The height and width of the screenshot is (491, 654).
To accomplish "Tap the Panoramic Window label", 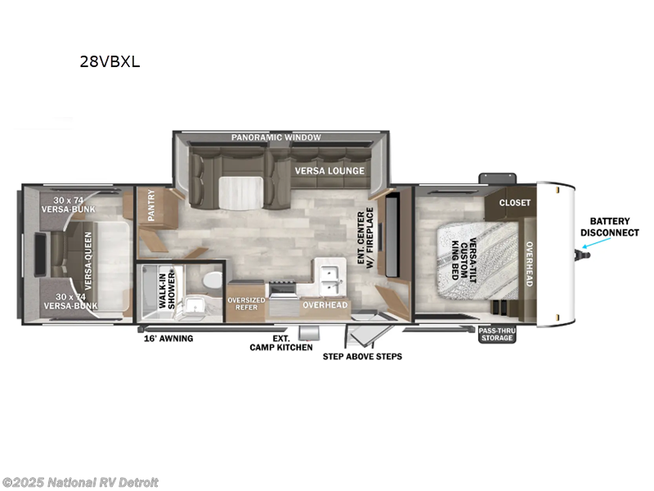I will pyautogui.click(x=275, y=137).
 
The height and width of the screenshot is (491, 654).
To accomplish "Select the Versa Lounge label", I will pyautogui.click(x=329, y=171).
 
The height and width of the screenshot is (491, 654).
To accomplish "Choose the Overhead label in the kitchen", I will pyautogui.click(x=325, y=305).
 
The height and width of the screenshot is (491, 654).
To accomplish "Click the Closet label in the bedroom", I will pyautogui.click(x=515, y=202).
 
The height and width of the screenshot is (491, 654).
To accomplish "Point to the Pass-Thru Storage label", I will pyautogui.click(x=497, y=334).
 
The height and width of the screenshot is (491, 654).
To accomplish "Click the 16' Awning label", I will pyautogui.click(x=168, y=338).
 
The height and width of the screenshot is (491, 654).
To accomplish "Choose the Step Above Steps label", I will pyautogui.click(x=362, y=356).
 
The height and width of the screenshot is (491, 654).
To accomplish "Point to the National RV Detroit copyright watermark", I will pyautogui.click(x=80, y=482).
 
